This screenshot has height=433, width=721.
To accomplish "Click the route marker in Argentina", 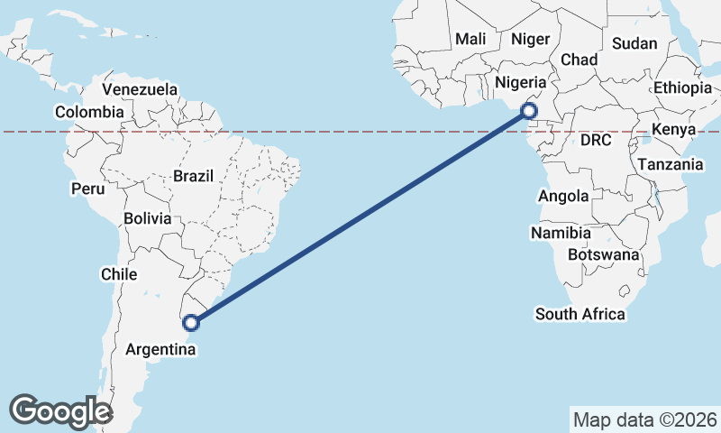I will [191, 321].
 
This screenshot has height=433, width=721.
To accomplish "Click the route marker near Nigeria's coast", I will [529, 111].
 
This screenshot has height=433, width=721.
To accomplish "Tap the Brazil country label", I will [193, 176].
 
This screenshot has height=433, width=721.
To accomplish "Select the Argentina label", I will [162, 348].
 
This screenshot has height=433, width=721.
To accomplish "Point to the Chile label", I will [119, 273].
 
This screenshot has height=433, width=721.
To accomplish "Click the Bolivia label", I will [148, 218].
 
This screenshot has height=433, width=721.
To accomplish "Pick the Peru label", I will [88, 189].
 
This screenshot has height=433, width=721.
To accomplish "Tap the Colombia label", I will [88, 112].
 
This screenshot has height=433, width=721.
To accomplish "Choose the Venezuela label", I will [140, 89].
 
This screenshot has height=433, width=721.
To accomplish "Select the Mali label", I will [470, 39].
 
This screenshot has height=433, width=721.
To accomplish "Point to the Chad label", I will [580, 60].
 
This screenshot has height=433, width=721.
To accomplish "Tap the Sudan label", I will [634, 42].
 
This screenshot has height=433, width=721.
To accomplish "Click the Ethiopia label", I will [682, 88].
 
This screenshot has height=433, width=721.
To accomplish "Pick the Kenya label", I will [673, 130].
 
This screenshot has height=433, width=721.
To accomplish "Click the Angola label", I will [563, 196].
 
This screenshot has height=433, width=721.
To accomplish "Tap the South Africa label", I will [580, 314].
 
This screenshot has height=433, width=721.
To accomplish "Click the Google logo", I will [60, 410].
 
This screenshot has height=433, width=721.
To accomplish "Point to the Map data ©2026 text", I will [644, 419].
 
